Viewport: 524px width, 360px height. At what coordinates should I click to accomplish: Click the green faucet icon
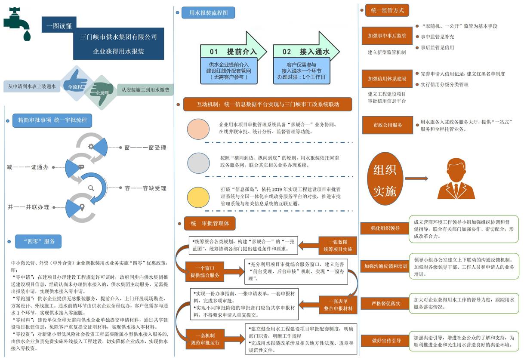[17, 24]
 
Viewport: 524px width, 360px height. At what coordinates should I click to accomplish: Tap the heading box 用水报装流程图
[208, 12]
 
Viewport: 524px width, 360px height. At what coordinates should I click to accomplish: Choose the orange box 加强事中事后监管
[387, 36]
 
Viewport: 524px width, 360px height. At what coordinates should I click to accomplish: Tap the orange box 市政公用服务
[387, 125]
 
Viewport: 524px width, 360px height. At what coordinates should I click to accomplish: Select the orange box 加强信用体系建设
[387, 79]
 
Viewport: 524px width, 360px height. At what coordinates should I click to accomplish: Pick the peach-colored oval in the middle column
[198, 129]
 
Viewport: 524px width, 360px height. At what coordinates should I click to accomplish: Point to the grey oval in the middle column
[198, 163]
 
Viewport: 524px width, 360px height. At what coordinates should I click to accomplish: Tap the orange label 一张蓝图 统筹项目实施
[338, 246]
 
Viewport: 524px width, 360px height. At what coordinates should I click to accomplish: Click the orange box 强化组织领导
[385, 228]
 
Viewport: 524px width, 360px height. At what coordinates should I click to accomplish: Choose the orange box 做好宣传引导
[386, 341]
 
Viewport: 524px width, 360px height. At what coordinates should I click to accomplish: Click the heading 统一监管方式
[387, 10]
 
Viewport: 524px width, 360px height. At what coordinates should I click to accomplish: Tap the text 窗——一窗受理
[145, 148]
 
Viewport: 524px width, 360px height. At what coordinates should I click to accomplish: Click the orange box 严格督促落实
[385, 304]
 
